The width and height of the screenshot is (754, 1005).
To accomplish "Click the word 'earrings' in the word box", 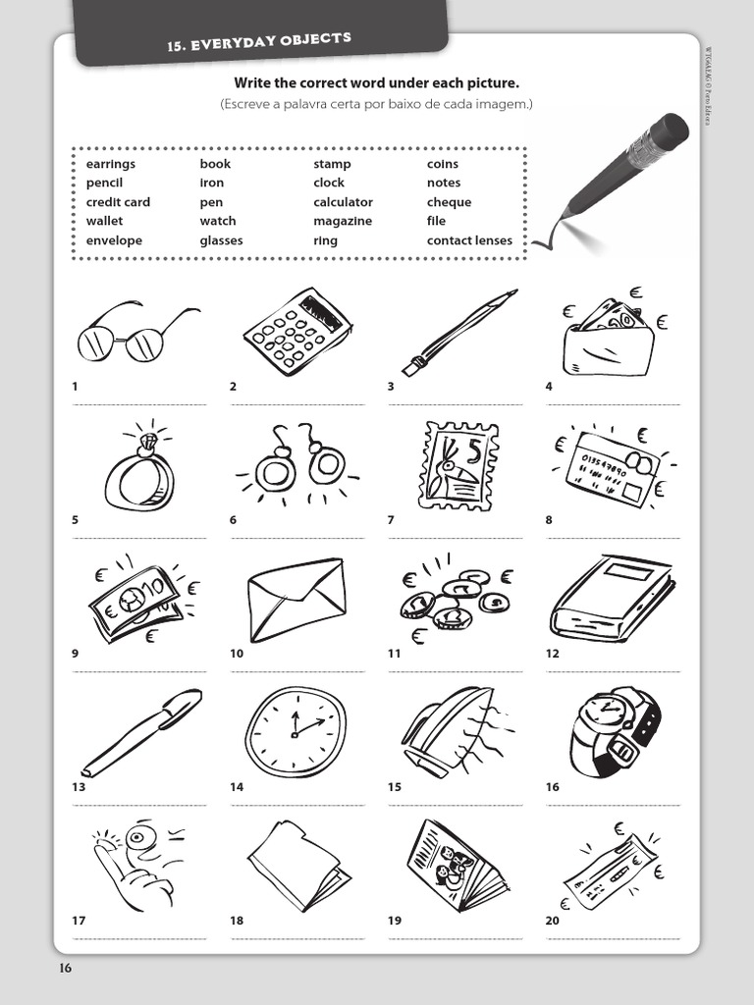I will [111, 164].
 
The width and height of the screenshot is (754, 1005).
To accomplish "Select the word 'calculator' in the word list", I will [343, 202].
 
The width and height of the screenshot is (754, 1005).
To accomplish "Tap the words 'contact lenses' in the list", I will [469, 240].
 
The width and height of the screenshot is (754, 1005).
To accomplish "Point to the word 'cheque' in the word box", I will [449, 202].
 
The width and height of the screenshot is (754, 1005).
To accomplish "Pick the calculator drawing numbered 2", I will [297, 331].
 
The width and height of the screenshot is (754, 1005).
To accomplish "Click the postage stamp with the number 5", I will [458, 465].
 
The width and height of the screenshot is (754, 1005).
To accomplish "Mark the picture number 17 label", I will [79, 921].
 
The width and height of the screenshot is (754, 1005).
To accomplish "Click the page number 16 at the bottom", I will [65, 969].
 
